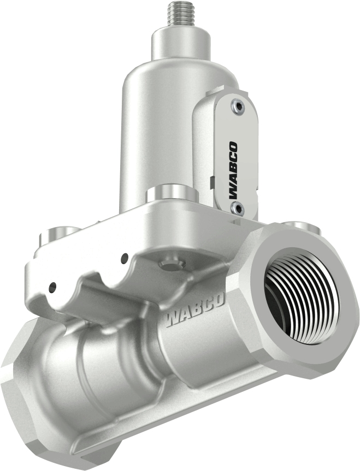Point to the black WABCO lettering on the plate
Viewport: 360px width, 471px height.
pos(233,169)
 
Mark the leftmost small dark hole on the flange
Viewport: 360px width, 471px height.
pos(52,286)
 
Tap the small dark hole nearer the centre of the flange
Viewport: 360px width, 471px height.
pos(125,257)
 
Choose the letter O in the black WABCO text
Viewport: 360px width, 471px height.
pos(233,147)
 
